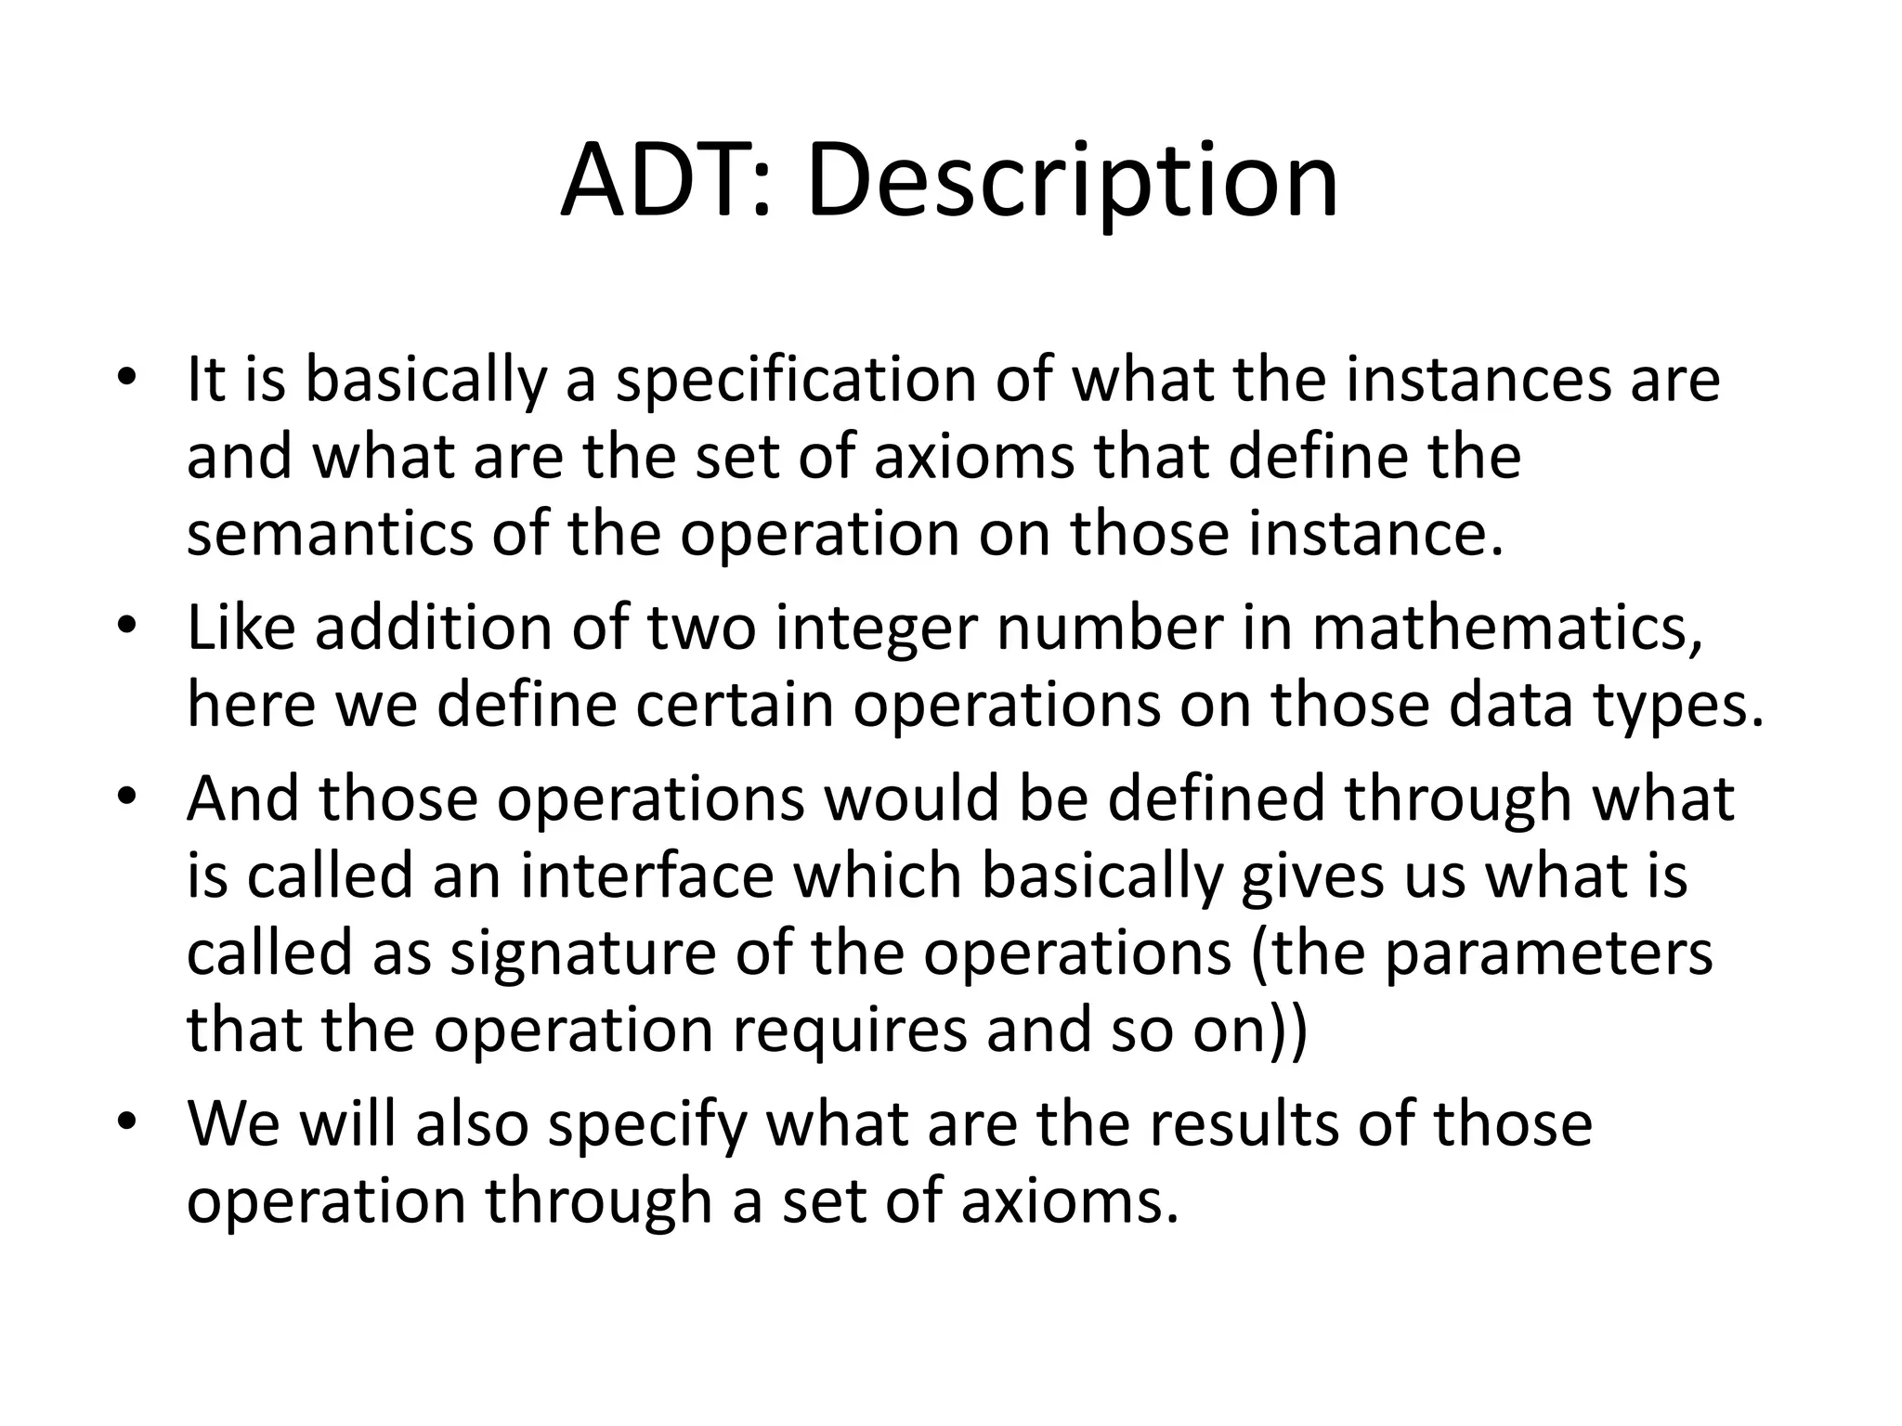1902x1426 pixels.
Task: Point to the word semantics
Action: (x=330, y=536)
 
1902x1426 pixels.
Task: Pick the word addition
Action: (x=433, y=628)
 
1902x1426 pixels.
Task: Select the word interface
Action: (x=646, y=875)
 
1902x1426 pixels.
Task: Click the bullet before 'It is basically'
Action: (x=127, y=379)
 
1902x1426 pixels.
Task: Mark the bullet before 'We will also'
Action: (x=127, y=1121)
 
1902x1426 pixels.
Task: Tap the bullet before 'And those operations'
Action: (x=127, y=797)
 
